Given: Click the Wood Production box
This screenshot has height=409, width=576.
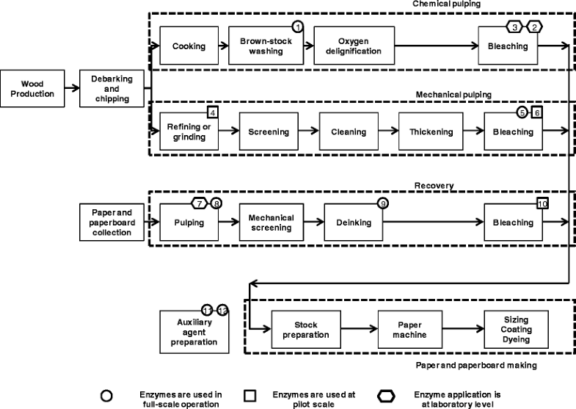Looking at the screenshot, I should click(x=32, y=89).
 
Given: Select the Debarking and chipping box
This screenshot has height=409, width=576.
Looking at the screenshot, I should click(x=112, y=89).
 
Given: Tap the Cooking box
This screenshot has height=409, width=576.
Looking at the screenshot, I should click(x=189, y=46).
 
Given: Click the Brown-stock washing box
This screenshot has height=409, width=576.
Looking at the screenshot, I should click(x=266, y=46).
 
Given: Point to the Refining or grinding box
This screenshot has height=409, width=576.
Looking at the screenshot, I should click(x=189, y=132).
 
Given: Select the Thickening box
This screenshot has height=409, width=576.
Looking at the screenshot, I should click(x=431, y=132).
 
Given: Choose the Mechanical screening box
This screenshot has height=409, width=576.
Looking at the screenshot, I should click(x=271, y=222).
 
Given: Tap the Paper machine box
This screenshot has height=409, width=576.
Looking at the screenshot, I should click(x=409, y=330).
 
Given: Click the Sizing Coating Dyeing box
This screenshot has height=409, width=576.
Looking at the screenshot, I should click(x=516, y=330).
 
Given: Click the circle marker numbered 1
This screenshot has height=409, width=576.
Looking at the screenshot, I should click(x=298, y=26).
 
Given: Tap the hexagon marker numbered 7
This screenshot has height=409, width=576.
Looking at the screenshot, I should click(x=199, y=203).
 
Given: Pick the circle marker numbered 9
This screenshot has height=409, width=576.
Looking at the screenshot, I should click(x=382, y=203).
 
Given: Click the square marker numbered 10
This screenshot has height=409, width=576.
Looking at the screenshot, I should click(x=542, y=203).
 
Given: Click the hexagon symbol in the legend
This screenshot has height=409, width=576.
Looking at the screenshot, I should click(x=386, y=395).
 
